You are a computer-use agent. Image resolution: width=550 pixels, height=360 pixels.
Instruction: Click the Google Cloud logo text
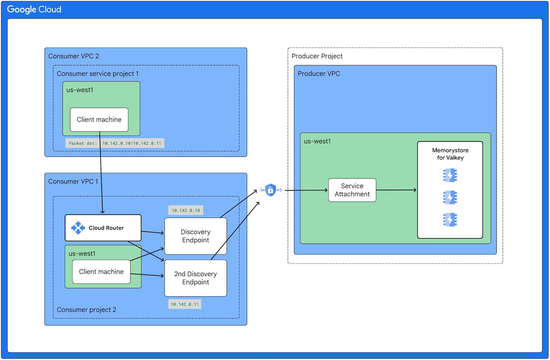coord(34,9)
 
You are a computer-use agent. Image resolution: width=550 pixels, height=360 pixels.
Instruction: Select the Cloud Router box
coord(103,228)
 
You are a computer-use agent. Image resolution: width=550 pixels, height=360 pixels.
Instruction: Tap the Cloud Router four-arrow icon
coord(78,228)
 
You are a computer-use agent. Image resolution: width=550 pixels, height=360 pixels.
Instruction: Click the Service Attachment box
coord(352,190)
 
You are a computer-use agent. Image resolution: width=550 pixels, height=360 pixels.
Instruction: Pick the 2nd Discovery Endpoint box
coord(195,278)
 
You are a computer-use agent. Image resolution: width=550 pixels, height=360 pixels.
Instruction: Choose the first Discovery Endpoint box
coord(195,236)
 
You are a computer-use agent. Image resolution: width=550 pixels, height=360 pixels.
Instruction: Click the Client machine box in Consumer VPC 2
coord(99,120)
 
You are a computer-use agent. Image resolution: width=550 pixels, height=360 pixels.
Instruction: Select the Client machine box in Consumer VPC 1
coord(101,272)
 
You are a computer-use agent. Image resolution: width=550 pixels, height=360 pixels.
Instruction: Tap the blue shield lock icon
coord(270,190)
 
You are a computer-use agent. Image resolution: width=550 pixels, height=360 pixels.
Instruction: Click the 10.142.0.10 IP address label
coord(186,210)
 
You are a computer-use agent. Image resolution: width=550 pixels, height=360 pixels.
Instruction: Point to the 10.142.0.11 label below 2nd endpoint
coord(185,304)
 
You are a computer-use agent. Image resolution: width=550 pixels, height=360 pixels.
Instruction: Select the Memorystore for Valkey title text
coord(450,154)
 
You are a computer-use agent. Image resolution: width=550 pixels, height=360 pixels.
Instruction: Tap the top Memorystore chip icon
coord(450,175)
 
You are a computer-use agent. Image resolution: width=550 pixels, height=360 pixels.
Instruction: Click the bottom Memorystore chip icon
coord(450,220)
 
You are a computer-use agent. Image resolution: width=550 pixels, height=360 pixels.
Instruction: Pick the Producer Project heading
coord(317,56)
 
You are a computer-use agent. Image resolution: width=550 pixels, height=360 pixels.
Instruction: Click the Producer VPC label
coord(319,74)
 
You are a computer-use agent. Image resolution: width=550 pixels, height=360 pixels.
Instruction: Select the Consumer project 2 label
coord(86,310)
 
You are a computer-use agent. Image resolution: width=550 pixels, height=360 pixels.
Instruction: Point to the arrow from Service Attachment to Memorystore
coord(396,190)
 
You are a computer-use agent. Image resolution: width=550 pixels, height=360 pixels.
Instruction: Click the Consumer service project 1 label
coord(98,74)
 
